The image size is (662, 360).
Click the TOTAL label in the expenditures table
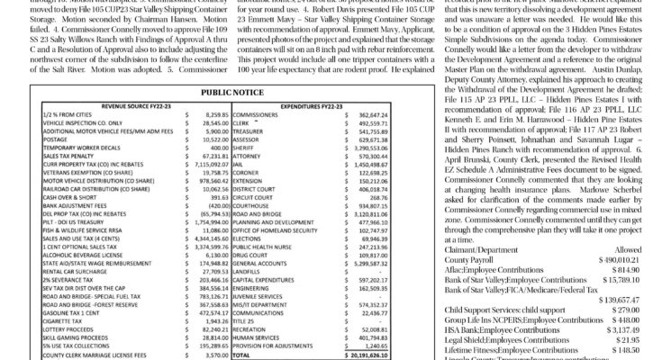coord(242,355)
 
